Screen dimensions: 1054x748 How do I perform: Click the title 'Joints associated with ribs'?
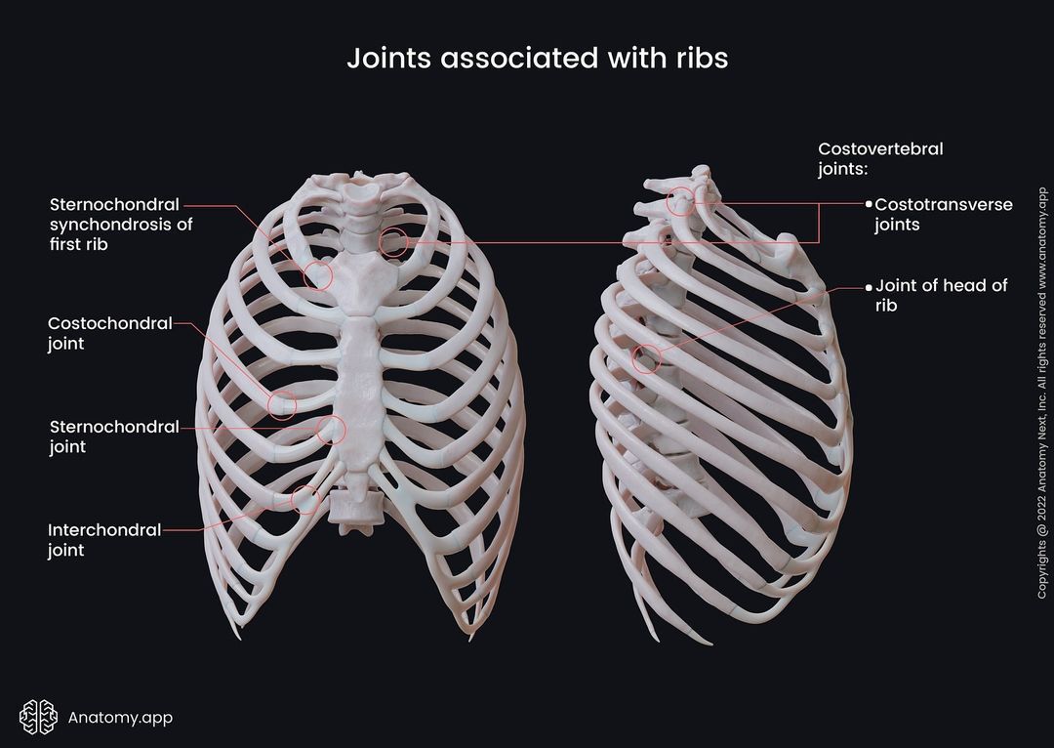537,59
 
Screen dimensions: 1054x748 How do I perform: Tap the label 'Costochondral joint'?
110,333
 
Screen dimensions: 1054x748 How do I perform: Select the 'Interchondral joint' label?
104,539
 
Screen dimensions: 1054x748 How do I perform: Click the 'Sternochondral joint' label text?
114,436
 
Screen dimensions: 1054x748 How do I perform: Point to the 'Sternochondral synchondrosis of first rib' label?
121,224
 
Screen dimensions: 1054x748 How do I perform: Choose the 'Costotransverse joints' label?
943,214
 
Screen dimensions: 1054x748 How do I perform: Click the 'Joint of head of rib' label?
941,295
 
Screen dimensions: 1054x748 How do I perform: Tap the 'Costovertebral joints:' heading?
880,158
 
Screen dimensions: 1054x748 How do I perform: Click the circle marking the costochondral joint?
282,392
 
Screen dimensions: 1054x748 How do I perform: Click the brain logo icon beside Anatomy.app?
38,717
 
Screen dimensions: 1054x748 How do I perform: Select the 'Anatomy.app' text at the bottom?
120,718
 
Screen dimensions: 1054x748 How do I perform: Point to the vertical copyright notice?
1042,393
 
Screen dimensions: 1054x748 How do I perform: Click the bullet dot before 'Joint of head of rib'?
868,287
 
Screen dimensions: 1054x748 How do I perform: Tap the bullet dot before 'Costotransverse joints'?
869,203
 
